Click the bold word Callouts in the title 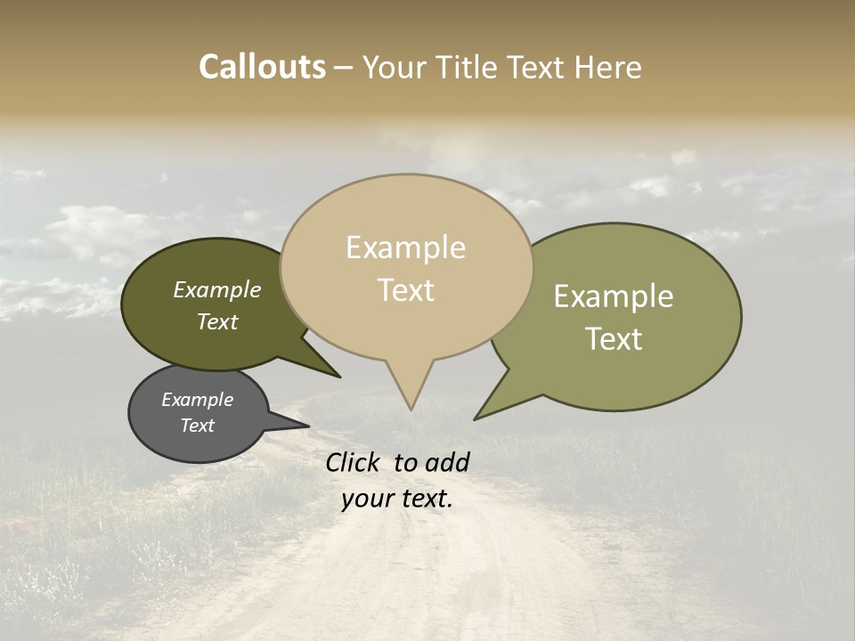point(262,67)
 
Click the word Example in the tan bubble point(405,247)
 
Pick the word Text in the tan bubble point(406,290)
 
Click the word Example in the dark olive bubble point(216,290)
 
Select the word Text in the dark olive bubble point(216,322)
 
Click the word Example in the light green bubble point(614,296)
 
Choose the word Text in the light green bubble point(614,338)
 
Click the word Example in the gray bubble point(197,400)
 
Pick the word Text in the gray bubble point(197,426)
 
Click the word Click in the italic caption point(355,462)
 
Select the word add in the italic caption point(447,462)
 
